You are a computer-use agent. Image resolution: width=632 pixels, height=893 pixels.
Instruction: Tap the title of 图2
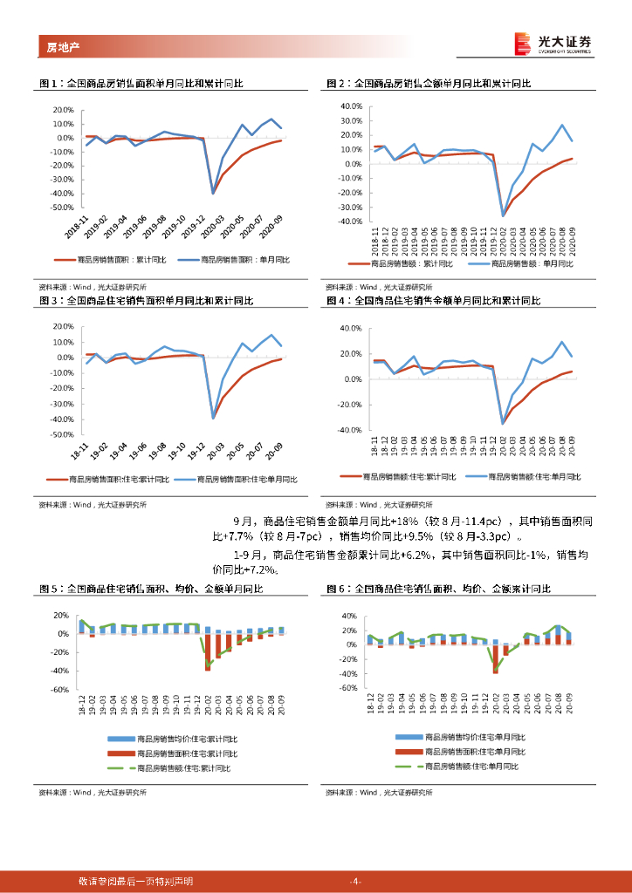tap(429, 84)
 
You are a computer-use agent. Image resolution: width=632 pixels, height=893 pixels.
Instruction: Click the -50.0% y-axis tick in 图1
tap(62, 208)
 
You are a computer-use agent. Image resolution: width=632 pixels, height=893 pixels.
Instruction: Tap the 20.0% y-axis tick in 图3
tap(62, 325)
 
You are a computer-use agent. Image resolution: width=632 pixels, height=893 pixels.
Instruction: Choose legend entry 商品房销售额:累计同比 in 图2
tap(406, 263)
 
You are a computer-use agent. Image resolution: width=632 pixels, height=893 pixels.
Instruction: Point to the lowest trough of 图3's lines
tap(212, 418)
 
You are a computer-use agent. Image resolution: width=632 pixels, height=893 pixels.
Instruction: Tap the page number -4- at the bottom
tap(354, 882)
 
